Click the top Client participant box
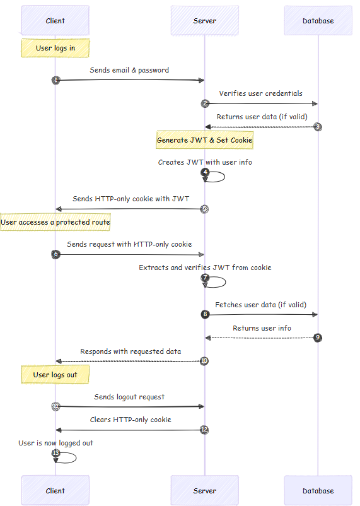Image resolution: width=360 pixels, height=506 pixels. coord(55,21)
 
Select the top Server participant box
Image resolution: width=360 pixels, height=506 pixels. coord(204,21)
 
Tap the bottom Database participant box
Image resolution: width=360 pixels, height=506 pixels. coord(318,490)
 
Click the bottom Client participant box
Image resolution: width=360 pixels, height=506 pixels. coord(55,490)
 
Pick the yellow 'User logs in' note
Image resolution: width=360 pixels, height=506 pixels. coord(55,48)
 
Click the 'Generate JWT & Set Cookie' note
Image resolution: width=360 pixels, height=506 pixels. coord(204,140)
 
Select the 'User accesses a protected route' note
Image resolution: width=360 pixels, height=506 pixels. coord(55,222)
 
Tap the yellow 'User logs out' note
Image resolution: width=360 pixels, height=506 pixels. coord(55,375)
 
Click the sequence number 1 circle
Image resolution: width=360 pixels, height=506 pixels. coord(55,80)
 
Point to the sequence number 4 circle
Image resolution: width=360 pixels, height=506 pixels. coord(205,172)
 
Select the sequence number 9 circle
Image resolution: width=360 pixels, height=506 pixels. coord(318,338)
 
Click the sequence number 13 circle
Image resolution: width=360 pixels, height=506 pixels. coord(55,453)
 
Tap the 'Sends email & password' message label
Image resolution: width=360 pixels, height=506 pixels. coord(129,70)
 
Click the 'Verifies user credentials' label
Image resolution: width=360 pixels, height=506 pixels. coord(260,93)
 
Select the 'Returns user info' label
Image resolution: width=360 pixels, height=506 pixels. coord(262,328)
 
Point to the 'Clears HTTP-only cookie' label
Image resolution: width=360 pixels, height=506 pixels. coord(130,420)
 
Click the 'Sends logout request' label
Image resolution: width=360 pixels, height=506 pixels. coord(129,397)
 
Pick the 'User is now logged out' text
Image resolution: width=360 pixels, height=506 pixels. coord(55,443)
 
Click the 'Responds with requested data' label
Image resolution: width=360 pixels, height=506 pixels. coord(131,351)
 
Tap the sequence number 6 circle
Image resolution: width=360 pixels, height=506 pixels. coord(55,254)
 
